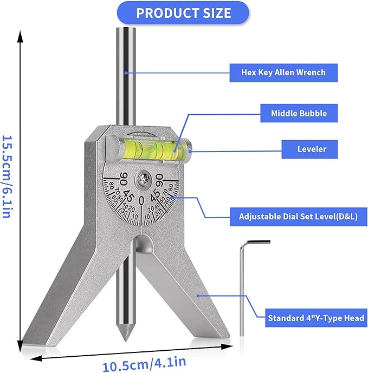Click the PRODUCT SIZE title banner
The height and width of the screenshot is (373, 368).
tap(183, 13)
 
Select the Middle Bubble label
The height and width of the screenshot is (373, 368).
tap(299, 114)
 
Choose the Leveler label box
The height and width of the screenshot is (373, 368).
tap(312, 149)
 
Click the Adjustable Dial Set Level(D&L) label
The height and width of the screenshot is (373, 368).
tap(299, 217)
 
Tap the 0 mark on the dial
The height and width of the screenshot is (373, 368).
tap(142, 201)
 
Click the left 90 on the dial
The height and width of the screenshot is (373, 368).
tap(124, 179)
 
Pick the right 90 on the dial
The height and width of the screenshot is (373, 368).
tap(160, 179)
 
